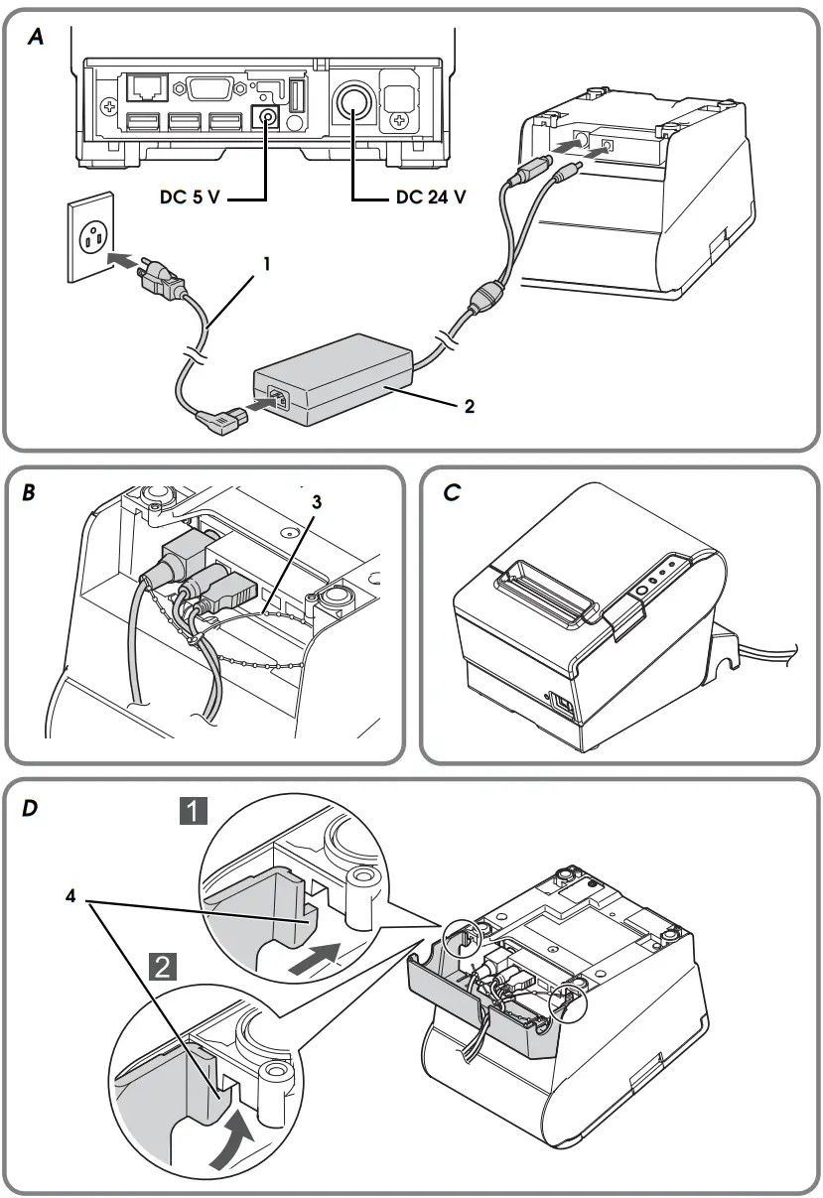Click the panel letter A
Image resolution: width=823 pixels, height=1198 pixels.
click(x=36, y=38)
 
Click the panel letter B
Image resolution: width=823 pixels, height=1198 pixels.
click(x=30, y=491)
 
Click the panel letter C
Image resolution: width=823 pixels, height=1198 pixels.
click(x=452, y=491)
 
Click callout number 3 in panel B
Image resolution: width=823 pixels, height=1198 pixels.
click(x=317, y=502)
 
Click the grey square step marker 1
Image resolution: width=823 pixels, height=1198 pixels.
click(x=193, y=813)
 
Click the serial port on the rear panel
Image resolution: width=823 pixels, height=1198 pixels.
click(x=206, y=89)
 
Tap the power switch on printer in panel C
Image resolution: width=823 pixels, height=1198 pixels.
click(x=560, y=706)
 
